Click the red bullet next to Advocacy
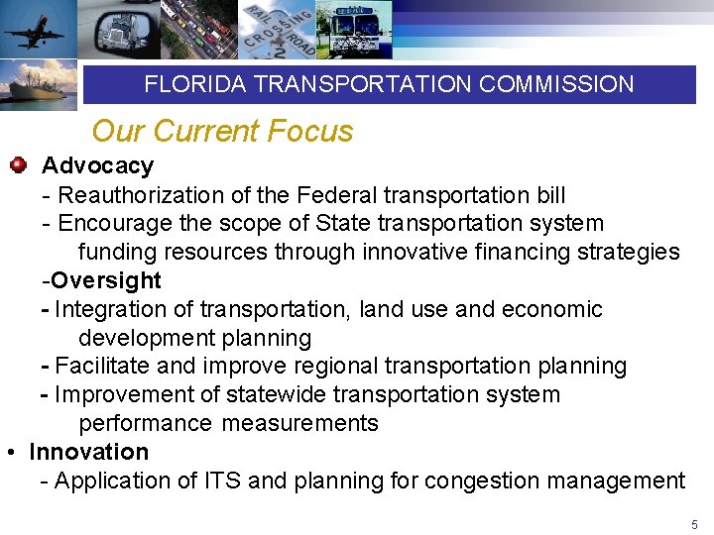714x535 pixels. [x=18, y=164]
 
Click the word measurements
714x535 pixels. [x=299, y=423]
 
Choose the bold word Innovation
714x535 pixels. [x=89, y=452]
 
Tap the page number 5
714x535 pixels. [x=694, y=524]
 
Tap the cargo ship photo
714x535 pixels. [x=38, y=87]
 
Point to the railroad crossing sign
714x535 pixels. [x=280, y=30]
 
